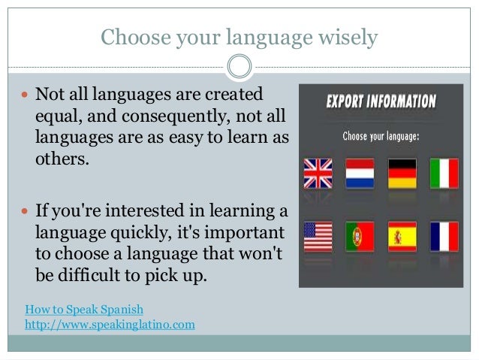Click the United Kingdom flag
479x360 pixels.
[x=318, y=173]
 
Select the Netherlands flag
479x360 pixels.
[x=360, y=173]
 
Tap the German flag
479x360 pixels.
[x=402, y=173]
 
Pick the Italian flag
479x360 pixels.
[x=444, y=173]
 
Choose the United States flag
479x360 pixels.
[x=318, y=236]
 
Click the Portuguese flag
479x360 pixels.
[x=360, y=236]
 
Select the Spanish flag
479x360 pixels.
[x=402, y=236]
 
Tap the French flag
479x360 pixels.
[x=444, y=236]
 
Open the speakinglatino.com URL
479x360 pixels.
[x=110, y=324]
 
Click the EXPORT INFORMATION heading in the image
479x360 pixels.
[x=381, y=101]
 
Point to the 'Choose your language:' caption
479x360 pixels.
[x=381, y=137]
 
